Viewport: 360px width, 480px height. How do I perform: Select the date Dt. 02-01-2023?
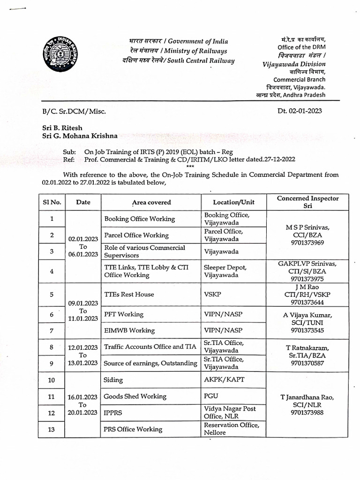point(300,111)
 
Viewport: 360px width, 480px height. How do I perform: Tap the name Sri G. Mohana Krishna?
point(80,136)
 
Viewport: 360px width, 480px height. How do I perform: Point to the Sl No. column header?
point(52,202)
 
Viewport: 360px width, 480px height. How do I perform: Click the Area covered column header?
point(151,202)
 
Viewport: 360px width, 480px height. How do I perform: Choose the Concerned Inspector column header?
point(307,202)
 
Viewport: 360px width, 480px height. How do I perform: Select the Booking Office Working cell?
point(139,219)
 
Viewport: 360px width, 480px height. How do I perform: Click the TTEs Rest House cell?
point(129,294)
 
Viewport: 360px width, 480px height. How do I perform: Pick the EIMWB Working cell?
point(129,330)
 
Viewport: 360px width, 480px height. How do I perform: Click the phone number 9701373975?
point(307,278)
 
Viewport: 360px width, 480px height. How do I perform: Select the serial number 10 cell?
point(52,380)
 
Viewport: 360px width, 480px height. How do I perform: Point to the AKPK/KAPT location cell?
point(224,379)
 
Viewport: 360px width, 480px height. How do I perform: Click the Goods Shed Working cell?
point(135,397)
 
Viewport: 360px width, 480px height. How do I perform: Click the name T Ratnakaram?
point(307,348)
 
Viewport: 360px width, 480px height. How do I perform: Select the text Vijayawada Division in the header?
point(294,64)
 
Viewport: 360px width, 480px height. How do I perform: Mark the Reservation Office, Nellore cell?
point(231,429)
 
